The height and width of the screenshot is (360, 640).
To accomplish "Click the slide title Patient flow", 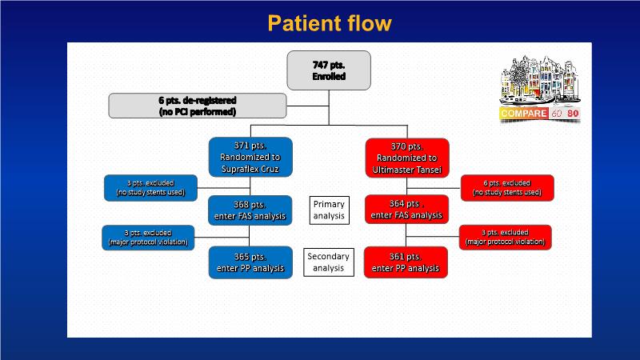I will pyautogui.click(x=329, y=22).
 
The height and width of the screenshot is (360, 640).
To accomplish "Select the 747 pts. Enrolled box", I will pyautogui.click(x=329, y=70).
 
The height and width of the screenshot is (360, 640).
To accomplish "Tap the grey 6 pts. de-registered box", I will pyautogui.click(x=197, y=106).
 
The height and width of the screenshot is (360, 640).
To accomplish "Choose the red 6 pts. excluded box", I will pyautogui.click(x=507, y=187).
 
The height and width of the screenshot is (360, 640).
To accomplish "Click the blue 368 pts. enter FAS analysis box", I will pyautogui.click(x=250, y=210).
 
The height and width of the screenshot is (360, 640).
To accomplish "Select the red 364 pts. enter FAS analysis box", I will pyautogui.click(x=407, y=210).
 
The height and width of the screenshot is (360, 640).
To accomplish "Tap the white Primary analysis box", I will pyautogui.click(x=329, y=210).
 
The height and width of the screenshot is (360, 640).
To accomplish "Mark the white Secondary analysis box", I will pyautogui.click(x=329, y=262).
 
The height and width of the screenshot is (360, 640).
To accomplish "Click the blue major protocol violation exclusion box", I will pyautogui.click(x=150, y=237).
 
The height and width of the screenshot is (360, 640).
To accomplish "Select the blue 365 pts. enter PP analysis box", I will pyautogui.click(x=250, y=262).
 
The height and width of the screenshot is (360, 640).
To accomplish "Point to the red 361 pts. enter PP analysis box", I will pyautogui.click(x=407, y=262).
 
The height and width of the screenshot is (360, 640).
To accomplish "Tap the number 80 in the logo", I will pyautogui.click(x=573, y=114).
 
